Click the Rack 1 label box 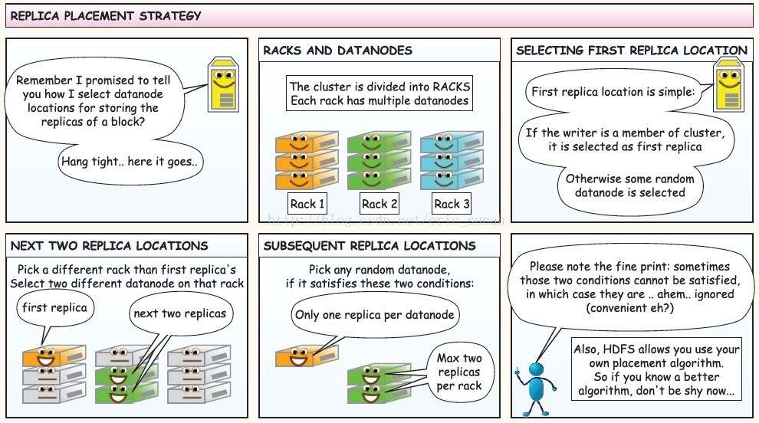pos(307,204)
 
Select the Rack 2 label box pos(379,204)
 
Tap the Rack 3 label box pos(452,204)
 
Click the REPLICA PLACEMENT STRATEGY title pos(107,15)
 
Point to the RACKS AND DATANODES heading pos(337,51)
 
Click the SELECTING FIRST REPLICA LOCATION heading pos(631,51)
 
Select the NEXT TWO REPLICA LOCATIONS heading pos(109,246)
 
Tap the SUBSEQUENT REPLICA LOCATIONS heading pos(369,246)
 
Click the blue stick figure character pos(534,386)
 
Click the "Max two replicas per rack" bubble pos(458,372)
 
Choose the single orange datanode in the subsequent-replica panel pos(302,356)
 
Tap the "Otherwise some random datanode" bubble pos(629,185)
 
